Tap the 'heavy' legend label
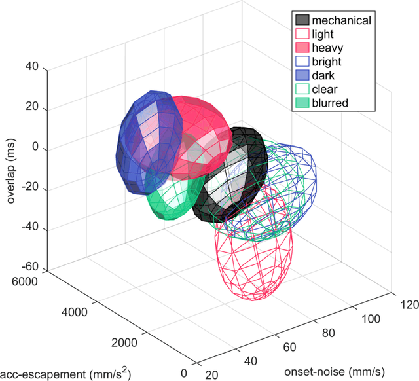click(327, 48)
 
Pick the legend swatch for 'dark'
click(302, 75)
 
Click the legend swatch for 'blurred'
click(302, 103)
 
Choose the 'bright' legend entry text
click(327, 62)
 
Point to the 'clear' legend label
click(325, 89)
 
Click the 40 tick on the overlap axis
click(31, 67)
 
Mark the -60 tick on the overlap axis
click(29, 268)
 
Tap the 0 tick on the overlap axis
click(35, 148)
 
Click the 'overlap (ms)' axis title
click(11, 168)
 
